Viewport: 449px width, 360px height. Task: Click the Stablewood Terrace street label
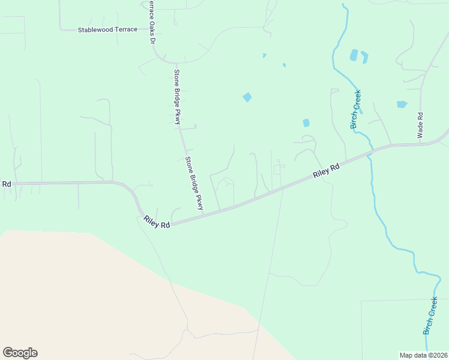click(107, 29)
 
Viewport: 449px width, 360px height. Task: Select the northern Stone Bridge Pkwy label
click(177, 97)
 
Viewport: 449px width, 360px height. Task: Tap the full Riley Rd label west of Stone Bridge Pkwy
click(157, 221)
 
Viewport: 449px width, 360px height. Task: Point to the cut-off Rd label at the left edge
click(7, 184)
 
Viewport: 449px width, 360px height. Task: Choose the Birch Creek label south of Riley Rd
click(430, 316)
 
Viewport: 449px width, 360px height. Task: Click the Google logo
click(20, 353)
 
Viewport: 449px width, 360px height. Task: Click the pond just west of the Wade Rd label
click(402, 104)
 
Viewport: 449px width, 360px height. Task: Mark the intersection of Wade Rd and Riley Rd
click(420, 144)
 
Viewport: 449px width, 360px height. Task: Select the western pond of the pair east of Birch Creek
click(354, 55)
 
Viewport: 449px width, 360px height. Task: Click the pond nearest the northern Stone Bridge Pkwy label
click(247, 97)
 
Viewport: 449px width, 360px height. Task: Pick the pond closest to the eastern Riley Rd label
click(306, 123)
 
